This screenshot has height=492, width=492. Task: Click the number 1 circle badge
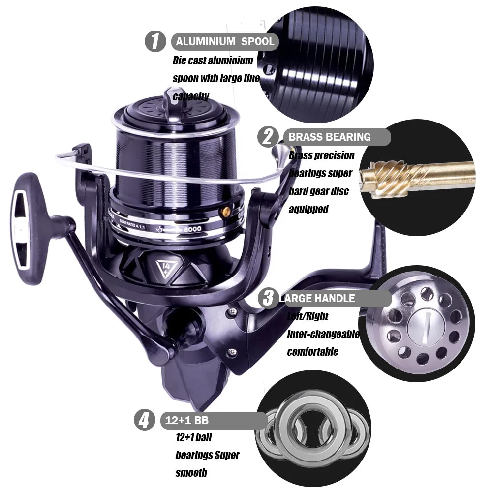(155, 41)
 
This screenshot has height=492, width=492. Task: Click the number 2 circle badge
(268, 136)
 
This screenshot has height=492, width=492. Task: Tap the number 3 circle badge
(268, 298)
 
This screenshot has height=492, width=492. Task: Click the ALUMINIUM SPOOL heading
(225, 42)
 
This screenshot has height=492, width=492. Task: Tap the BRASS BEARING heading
(330, 137)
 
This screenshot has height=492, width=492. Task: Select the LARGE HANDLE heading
(317, 298)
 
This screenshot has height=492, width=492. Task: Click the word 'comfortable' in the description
(312, 352)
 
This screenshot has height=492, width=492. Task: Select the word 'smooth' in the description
(191, 473)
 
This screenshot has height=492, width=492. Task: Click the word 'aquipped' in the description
(308, 209)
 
